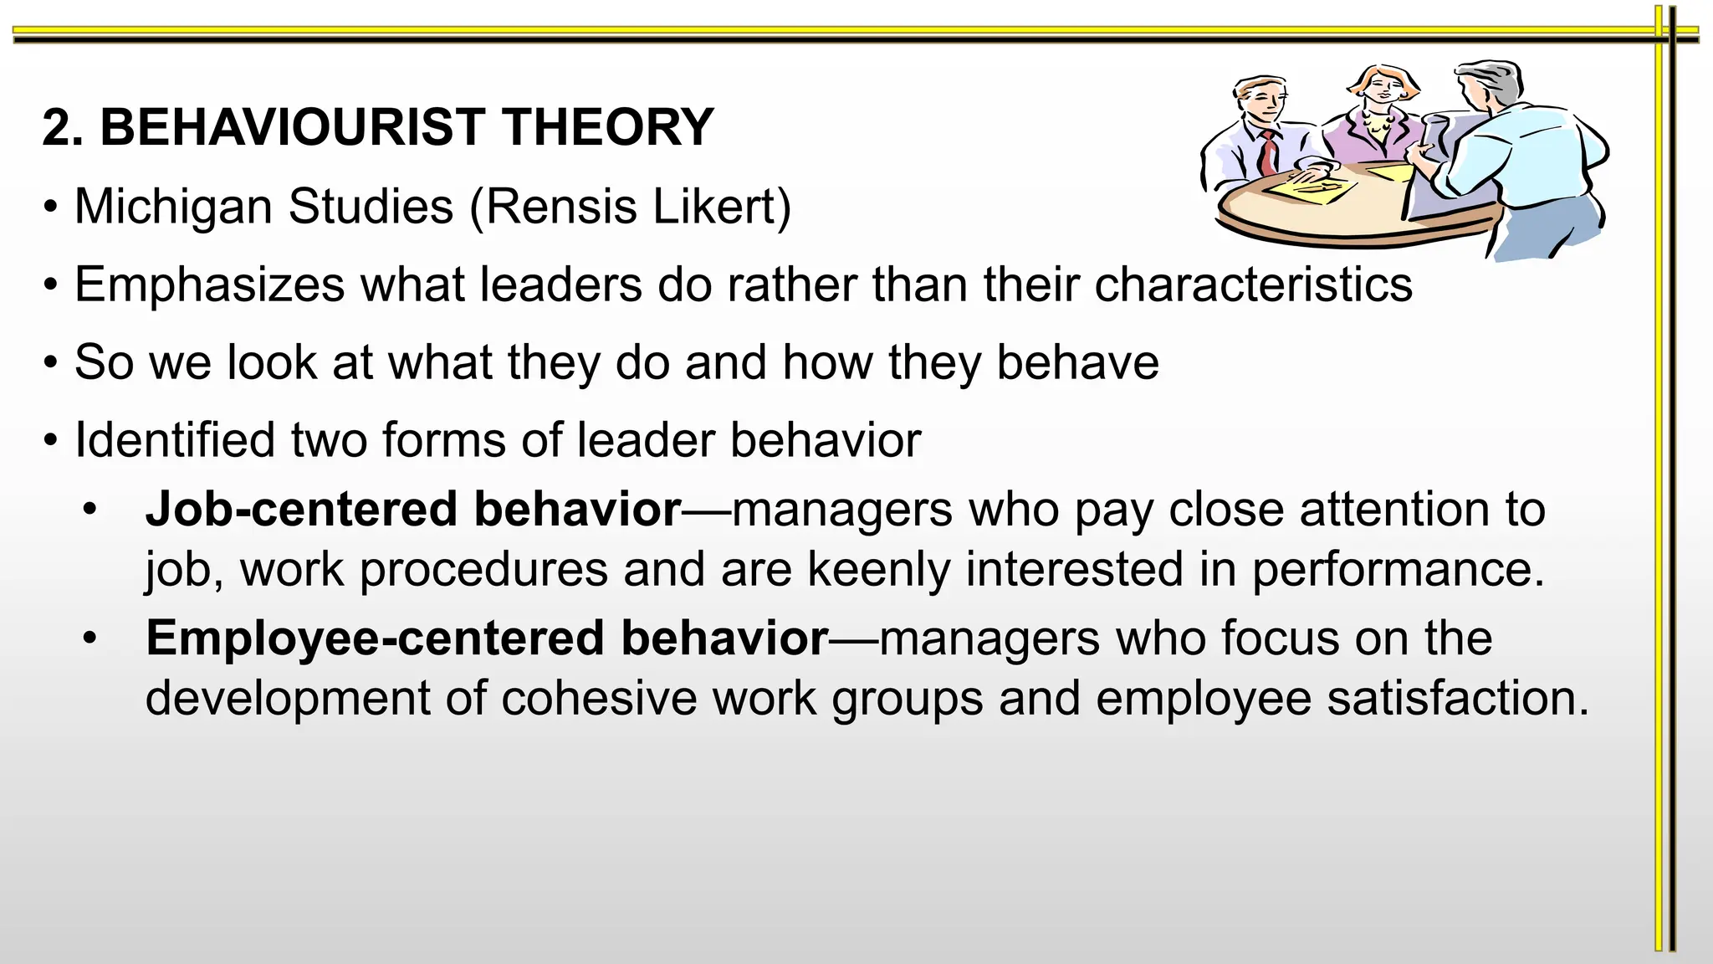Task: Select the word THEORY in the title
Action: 608,127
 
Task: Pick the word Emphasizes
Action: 209,285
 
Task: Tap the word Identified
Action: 174,440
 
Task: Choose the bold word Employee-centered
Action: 375,638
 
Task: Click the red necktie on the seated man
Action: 1270,152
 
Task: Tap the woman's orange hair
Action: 1384,76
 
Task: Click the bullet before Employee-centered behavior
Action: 90,638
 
